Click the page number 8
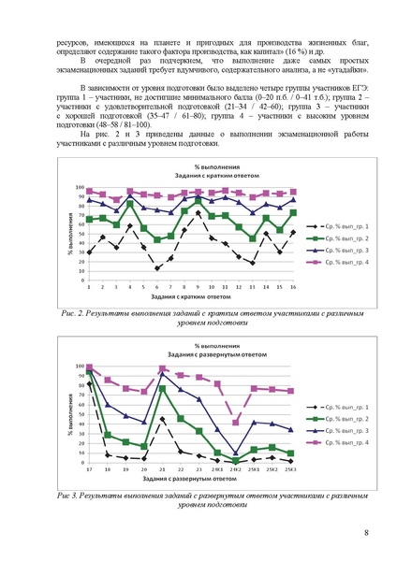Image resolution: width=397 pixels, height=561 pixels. click(x=365, y=533)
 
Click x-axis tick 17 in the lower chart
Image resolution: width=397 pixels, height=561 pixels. click(x=90, y=468)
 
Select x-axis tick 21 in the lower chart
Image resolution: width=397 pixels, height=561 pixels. click(x=163, y=468)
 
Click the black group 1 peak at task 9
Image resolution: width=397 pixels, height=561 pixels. click(x=198, y=213)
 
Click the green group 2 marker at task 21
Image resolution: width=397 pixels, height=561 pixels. click(x=163, y=388)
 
